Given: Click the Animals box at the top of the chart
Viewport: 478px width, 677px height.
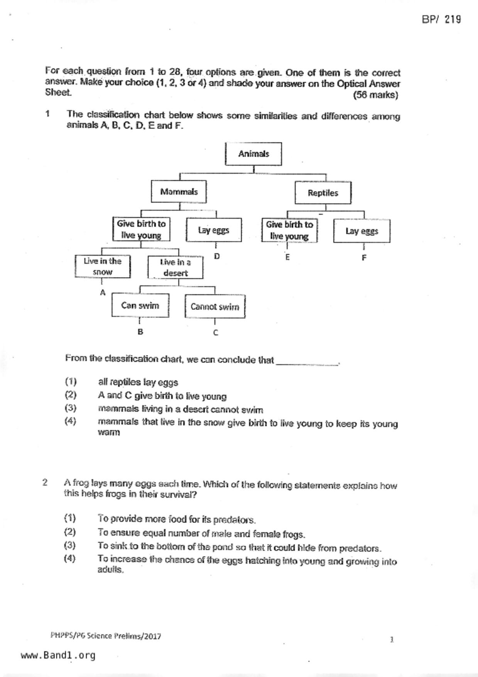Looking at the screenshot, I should pyautogui.click(x=253, y=154).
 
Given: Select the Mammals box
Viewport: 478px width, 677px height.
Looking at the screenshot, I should pyautogui.click(x=179, y=192).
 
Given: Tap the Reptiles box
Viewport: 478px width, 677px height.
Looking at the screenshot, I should pyautogui.click(x=323, y=193).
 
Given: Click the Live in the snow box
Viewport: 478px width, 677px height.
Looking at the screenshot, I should pyautogui.click(x=103, y=266).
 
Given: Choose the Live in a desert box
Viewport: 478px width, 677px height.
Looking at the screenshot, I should pyautogui.click(x=175, y=267).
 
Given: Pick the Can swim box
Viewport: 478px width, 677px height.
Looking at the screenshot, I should pyautogui.click(x=140, y=306).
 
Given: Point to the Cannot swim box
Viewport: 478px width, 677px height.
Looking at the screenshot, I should pyautogui.click(x=215, y=307).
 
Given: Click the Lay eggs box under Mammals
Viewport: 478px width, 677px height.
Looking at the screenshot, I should pyautogui.click(x=214, y=230).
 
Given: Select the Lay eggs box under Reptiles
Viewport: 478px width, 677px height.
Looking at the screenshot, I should pyautogui.click(x=361, y=231).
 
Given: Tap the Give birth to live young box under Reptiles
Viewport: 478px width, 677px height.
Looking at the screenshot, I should pyautogui.click(x=289, y=230).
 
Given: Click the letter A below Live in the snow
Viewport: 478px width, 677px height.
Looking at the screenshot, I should pyautogui.click(x=103, y=293).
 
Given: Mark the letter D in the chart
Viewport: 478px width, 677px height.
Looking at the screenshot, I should pyautogui.click(x=217, y=256).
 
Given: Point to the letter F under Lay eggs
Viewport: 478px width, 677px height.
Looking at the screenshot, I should pyautogui.click(x=364, y=258).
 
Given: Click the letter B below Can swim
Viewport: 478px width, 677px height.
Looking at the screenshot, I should pyautogui.click(x=140, y=332).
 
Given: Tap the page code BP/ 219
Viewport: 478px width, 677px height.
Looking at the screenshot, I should pyautogui.click(x=441, y=19).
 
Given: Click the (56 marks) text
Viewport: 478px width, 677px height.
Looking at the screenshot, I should pyautogui.click(x=375, y=95).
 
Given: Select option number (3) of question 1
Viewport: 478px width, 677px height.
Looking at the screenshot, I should pyautogui.click(x=71, y=408).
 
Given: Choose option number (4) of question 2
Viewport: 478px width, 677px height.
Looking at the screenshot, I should pyautogui.click(x=70, y=558).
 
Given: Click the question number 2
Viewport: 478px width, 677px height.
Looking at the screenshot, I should pyautogui.click(x=45, y=482).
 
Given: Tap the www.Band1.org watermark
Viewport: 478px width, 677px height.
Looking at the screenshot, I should pyautogui.click(x=58, y=655).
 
